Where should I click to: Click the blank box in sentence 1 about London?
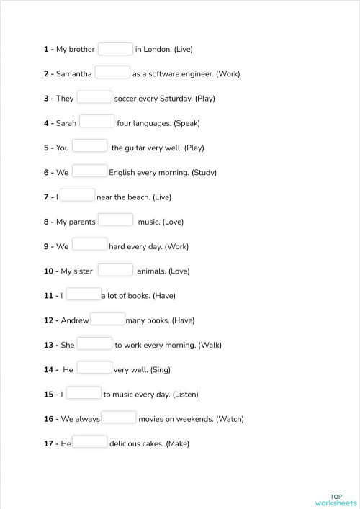[115, 49]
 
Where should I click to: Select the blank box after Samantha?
[112, 73]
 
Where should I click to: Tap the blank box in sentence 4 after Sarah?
[96, 122]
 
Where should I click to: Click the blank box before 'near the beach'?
[78, 196]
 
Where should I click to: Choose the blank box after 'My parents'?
[115, 220]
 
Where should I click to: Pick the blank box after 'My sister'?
[115, 270]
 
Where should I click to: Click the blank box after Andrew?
[108, 319]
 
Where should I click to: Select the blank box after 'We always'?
[119, 418]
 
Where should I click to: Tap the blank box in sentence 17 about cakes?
[90, 443]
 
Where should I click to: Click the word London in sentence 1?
[157, 50]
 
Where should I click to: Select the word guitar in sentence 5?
[138, 148]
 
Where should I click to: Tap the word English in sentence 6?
[122, 173]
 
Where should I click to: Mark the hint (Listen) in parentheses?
[185, 395]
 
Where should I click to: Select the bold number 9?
[47, 247]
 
